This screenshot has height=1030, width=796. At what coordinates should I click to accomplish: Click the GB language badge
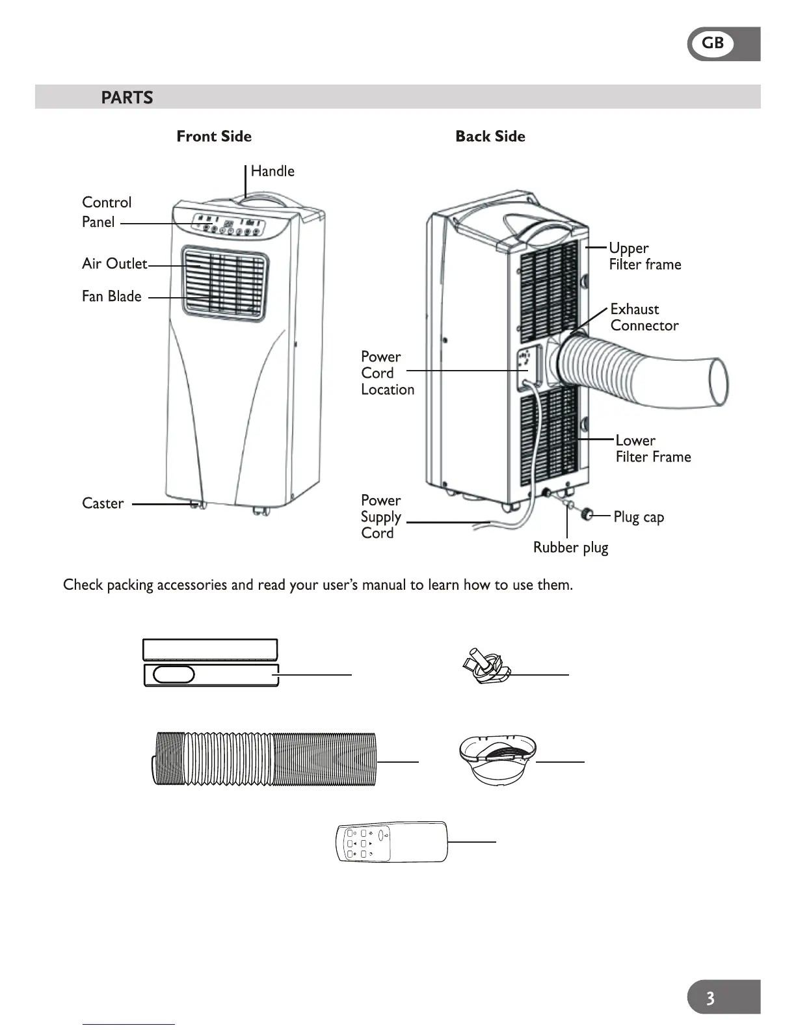[x=713, y=44]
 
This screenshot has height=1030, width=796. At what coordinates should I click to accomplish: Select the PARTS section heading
[x=127, y=98]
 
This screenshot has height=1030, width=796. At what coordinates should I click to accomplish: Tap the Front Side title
[x=214, y=137]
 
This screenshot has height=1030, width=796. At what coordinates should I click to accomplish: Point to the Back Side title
[x=490, y=137]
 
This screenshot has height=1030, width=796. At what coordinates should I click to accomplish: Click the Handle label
[x=272, y=171]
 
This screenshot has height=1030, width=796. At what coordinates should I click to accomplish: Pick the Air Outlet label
[x=114, y=263]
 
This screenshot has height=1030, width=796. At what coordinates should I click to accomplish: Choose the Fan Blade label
[x=111, y=297]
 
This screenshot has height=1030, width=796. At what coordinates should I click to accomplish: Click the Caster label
[x=103, y=503]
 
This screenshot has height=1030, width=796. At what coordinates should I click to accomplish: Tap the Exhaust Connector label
[x=644, y=317]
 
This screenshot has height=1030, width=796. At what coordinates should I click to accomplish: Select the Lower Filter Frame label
[x=652, y=449]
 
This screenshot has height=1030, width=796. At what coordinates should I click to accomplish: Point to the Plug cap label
[x=639, y=518]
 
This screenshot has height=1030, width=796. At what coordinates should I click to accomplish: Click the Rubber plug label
[x=570, y=548]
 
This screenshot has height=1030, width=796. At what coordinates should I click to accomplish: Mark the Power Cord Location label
[x=387, y=373]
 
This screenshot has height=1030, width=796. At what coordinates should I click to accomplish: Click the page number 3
[x=710, y=997]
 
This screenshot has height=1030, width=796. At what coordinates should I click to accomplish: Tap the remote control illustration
[x=392, y=842]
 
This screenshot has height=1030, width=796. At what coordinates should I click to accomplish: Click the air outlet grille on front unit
[x=224, y=282]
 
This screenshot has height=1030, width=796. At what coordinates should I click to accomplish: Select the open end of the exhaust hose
[x=718, y=382]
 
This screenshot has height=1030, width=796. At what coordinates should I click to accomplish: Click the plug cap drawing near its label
[x=588, y=515]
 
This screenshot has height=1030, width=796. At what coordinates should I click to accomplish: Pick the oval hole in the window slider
[x=174, y=674]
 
